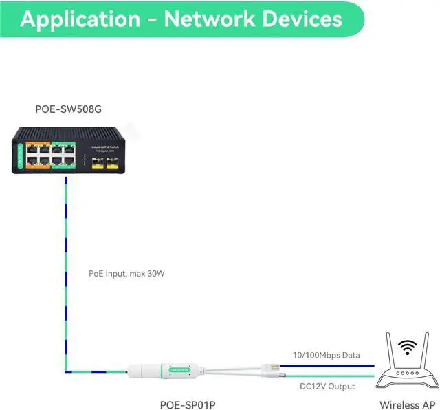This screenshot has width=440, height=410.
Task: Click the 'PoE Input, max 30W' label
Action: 127,273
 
